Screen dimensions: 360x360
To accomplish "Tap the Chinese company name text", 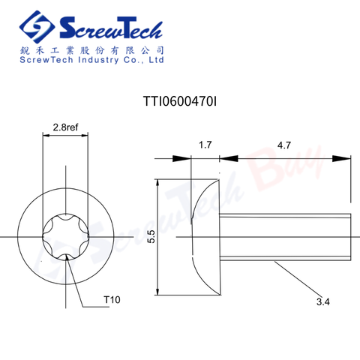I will click(91, 49).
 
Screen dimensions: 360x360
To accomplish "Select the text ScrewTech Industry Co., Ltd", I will click(91, 61).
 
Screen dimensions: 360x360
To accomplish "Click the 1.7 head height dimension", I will click(203, 145).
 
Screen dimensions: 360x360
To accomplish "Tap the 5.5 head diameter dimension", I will click(151, 237).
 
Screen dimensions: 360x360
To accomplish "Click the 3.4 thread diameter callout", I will click(323, 302).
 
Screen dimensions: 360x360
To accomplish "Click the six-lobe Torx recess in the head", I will click(65, 236).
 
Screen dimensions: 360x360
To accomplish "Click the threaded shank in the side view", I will click(285, 237).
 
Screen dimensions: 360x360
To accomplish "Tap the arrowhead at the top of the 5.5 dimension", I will click(157, 182).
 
